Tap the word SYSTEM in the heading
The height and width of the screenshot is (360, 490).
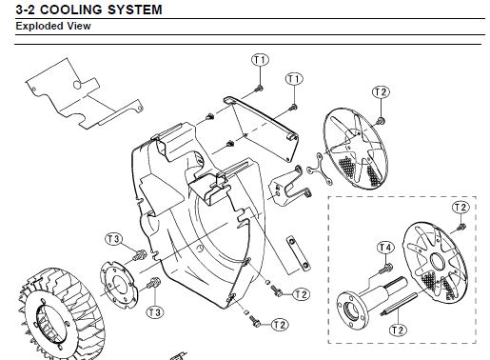coord(135,10)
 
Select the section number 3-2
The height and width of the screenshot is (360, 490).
coord(26,10)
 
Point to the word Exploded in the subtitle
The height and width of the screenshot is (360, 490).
coord(37,26)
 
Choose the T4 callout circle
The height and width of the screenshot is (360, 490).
coord(385,248)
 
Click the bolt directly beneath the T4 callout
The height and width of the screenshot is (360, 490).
coord(385,269)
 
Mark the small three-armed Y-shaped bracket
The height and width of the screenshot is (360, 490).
coord(318,170)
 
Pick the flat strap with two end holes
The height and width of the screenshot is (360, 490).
coord(298,253)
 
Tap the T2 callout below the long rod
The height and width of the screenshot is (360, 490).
coord(398,330)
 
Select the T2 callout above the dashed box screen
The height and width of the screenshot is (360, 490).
coord(461,208)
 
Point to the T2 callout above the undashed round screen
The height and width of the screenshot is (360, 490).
coord(381,92)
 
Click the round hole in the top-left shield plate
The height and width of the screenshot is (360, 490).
coord(77,85)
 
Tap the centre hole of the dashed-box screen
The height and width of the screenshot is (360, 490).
coord(438,261)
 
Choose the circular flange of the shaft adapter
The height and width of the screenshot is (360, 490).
coord(351,310)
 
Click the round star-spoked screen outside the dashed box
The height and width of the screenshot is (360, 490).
coord(356,149)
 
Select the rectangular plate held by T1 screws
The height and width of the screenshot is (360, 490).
coord(262,129)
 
